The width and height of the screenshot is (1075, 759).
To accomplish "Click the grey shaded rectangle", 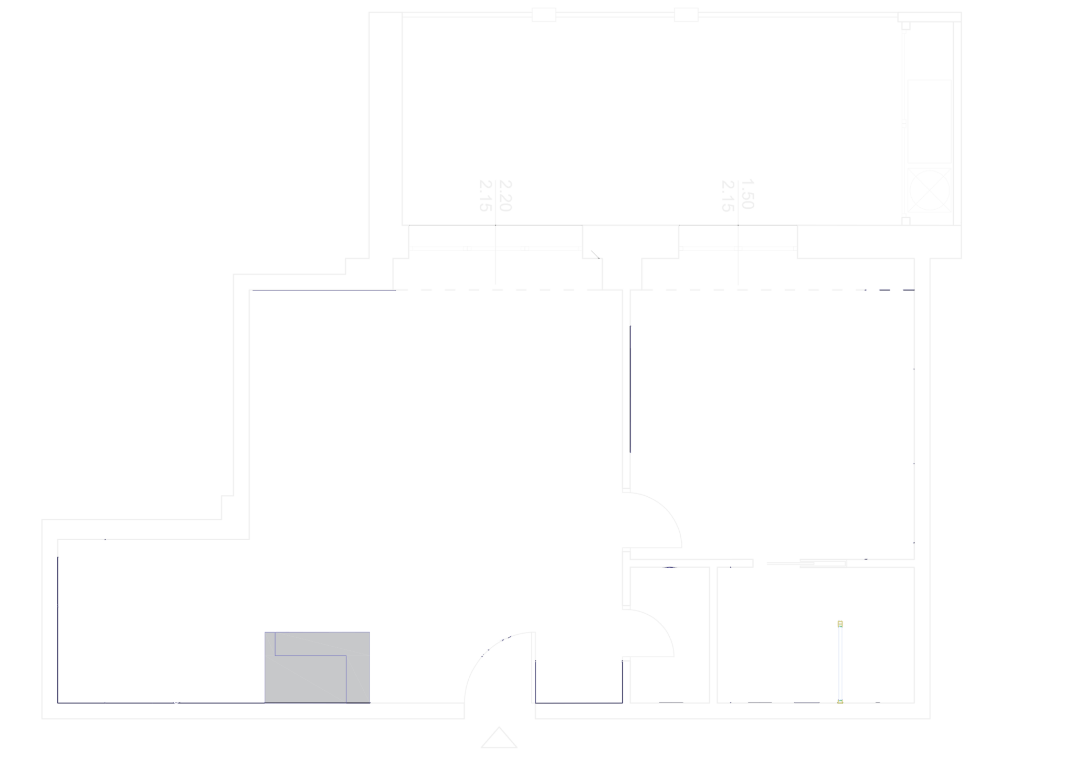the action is coord(317,667).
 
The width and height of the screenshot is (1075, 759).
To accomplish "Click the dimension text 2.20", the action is coord(505,196).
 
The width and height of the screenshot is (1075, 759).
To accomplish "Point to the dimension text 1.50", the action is coord(747,194).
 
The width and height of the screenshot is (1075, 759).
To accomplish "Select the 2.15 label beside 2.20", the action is coord(486,196).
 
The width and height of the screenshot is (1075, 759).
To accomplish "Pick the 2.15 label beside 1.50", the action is coord(728,196).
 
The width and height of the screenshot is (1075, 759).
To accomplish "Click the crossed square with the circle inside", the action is coord(930,189).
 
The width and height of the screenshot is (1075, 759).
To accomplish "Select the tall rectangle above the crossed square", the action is coord(930,121).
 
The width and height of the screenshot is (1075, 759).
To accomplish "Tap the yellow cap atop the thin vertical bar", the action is coord(840,624).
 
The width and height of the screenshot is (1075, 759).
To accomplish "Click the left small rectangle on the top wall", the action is coord(544,15).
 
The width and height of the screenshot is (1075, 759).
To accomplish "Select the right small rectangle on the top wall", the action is coord(686,15).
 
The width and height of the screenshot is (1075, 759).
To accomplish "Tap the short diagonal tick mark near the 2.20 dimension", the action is coord(595,254).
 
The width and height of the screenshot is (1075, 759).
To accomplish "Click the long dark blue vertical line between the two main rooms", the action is coord(630,389).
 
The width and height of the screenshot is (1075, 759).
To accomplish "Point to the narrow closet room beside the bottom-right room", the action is coord(670,635).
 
